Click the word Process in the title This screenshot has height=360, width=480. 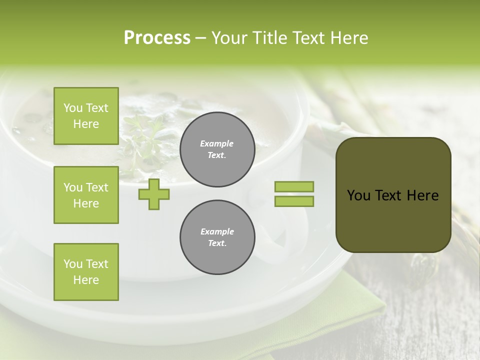point(157,38)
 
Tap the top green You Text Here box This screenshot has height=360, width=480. point(86,116)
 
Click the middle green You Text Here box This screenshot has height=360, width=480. point(86,195)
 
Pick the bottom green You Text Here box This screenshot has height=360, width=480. point(86,271)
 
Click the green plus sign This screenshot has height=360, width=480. point(154,194)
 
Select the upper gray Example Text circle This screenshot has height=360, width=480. point(217,149)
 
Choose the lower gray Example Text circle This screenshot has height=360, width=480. point(217,237)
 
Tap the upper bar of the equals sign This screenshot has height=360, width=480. point(294,186)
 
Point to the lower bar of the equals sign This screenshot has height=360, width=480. point(294,201)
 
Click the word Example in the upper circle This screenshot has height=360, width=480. point(217,143)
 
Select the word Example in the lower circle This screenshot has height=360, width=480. point(217,231)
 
